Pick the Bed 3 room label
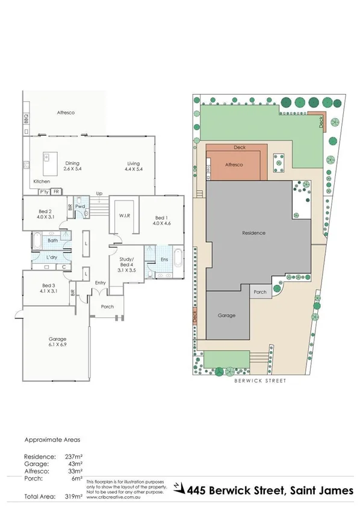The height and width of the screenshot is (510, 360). (49, 288)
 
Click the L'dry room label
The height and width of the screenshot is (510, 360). (51, 258)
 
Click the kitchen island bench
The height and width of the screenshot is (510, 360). (46, 161)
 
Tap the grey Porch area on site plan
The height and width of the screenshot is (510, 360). (260, 293)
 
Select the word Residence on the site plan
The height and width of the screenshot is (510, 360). (254, 232)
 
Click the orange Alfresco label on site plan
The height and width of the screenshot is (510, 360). (232, 164)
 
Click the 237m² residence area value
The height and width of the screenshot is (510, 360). (72, 456)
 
